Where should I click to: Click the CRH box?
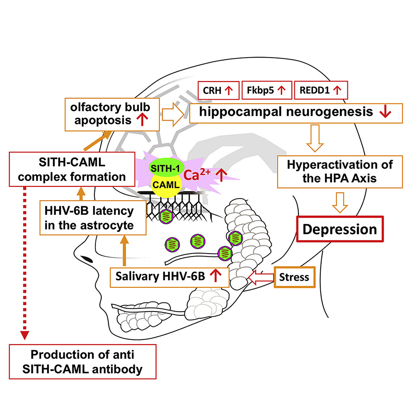(x=218, y=91)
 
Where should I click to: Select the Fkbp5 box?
(x=267, y=90)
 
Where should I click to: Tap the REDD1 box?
(x=321, y=90)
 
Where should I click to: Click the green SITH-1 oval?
(x=167, y=168)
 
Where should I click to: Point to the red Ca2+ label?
(x=197, y=175)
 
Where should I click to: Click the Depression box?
(x=340, y=229)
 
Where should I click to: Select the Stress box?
(x=294, y=277)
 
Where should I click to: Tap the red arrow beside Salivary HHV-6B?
(x=216, y=275)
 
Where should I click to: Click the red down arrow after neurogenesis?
(x=385, y=112)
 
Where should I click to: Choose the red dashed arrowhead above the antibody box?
(x=25, y=335)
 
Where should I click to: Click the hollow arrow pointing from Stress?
(x=261, y=277)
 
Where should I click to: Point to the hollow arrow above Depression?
(x=340, y=203)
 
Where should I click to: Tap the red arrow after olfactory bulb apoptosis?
(x=142, y=120)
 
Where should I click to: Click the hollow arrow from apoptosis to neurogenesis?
(x=173, y=114)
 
